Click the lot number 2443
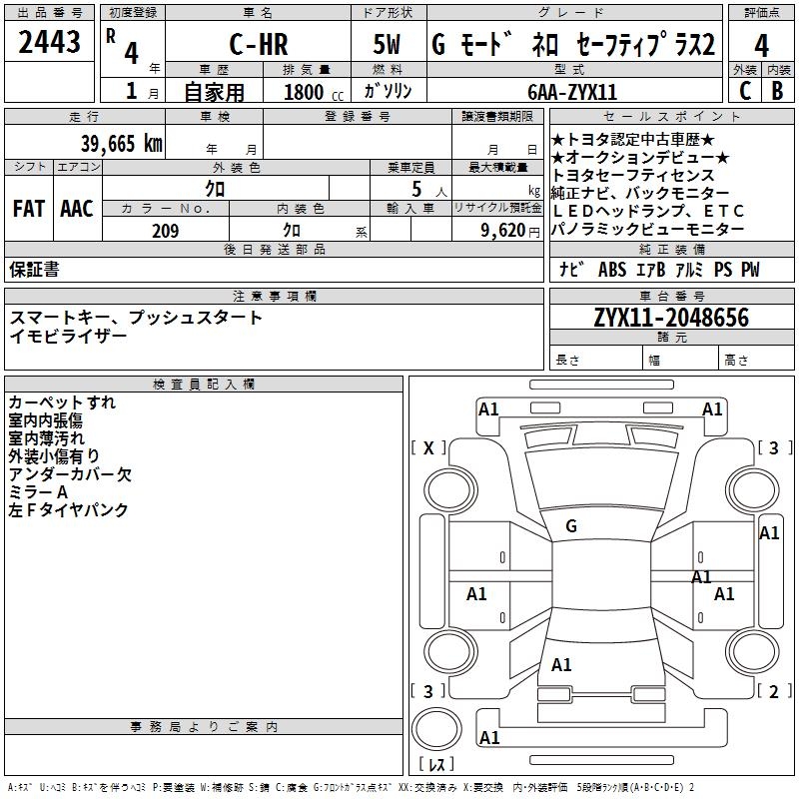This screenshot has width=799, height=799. tap(50, 43)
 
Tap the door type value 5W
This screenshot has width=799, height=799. tap(390, 46)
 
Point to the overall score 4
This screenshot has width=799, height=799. tap(762, 45)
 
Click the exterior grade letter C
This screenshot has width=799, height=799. tap(744, 90)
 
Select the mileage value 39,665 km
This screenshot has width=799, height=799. tap(121, 143)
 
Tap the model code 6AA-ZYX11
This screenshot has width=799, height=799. tap(572, 92)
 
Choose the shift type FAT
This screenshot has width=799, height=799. tap(28, 209)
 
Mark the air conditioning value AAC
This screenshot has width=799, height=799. tap(76, 209)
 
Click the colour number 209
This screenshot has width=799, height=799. tap(165, 231)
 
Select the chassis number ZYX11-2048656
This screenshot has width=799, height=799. tap(670, 318)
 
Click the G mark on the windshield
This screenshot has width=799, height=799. tap(571, 525)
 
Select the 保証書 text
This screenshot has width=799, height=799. tap(34, 269)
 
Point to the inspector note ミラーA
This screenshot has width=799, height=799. tap(39, 492)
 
